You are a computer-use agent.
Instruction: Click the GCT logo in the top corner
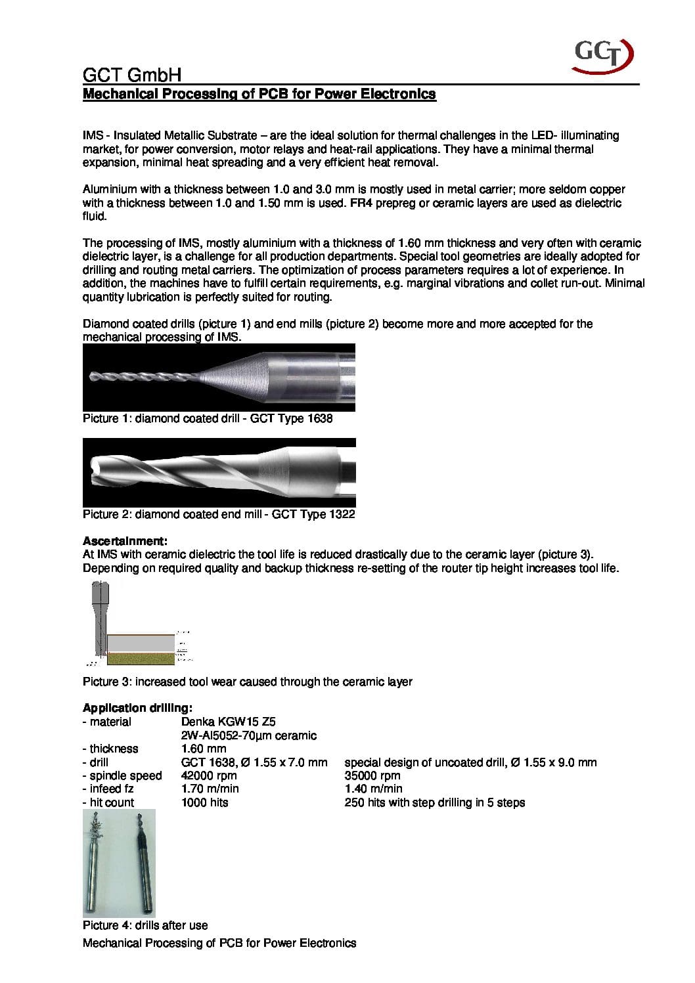(x=604, y=55)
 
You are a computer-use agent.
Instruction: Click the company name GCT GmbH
(x=131, y=74)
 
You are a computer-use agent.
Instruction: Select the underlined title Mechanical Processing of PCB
(x=259, y=94)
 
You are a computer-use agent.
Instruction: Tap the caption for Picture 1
(x=208, y=418)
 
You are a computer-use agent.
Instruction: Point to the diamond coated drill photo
(x=219, y=378)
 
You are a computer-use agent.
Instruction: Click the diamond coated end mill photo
(x=219, y=472)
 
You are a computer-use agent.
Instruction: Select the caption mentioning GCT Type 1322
(x=219, y=514)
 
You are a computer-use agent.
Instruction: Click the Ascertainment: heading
(x=125, y=541)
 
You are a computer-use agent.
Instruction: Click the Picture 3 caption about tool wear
(x=247, y=682)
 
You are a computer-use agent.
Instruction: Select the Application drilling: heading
(x=137, y=708)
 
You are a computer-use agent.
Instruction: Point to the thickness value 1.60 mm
(x=204, y=749)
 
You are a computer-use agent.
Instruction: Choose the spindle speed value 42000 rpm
(x=209, y=775)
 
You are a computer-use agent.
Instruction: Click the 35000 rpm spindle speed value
(x=372, y=775)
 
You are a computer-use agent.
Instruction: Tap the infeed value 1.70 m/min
(x=210, y=789)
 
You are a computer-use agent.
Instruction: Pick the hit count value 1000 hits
(x=204, y=802)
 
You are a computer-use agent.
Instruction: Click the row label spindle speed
(x=122, y=775)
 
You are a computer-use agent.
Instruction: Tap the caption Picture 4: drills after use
(x=145, y=925)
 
